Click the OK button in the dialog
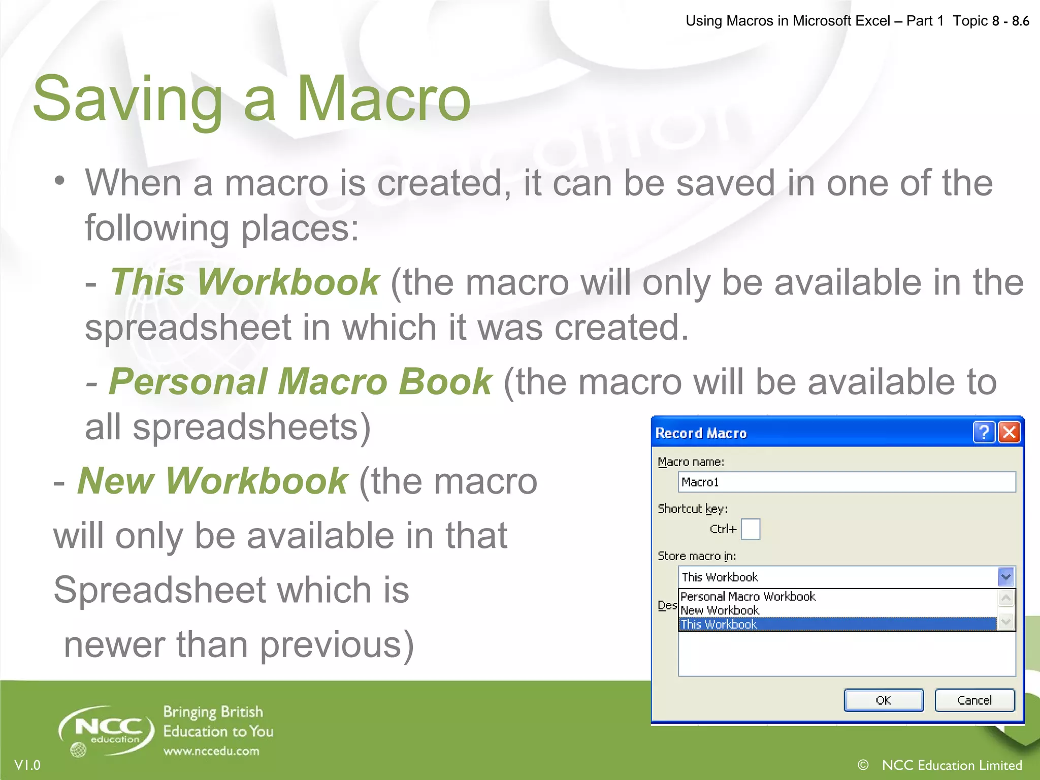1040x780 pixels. (x=883, y=700)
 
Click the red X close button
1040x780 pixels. (x=1009, y=433)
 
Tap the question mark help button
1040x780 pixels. (x=984, y=433)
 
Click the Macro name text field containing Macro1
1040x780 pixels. (x=847, y=482)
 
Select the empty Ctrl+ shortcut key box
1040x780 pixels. (x=751, y=529)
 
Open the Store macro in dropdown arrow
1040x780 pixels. (x=1005, y=577)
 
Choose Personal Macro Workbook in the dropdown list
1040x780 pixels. (x=747, y=596)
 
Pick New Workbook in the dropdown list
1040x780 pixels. (x=720, y=610)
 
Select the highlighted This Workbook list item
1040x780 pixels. (x=719, y=624)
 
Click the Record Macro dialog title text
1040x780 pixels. (x=701, y=433)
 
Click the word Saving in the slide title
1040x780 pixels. (x=127, y=99)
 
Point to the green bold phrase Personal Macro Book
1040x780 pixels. (x=300, y=381)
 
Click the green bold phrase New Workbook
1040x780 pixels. (x=212, y=481)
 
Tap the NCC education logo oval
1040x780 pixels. (x=107, y=730)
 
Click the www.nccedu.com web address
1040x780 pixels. (x=211, y=751)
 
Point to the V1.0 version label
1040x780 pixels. (x=27, y=765)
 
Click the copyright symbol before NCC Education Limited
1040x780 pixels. (x=863, y=765)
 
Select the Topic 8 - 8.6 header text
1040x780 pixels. (x=990, y=21)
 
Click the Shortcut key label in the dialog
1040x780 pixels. (x=693, y=509)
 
